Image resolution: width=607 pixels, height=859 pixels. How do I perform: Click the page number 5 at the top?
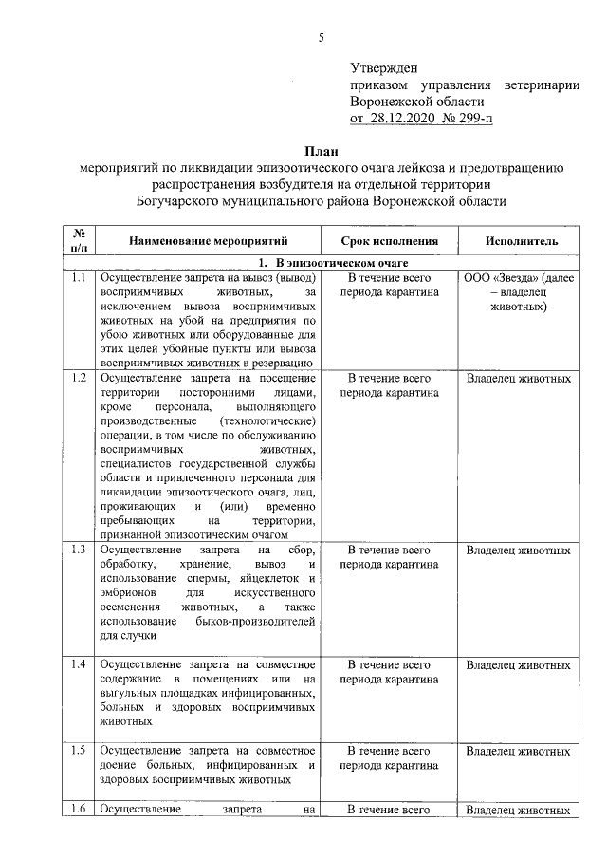tap(322, 37)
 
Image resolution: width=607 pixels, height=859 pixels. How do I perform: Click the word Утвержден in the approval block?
tap(384, 67)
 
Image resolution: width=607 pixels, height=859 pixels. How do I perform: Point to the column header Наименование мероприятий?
tap(210, 242)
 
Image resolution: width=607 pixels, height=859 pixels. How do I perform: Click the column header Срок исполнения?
tap(389, 242)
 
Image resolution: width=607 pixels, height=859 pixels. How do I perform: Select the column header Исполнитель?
tap(519, 242)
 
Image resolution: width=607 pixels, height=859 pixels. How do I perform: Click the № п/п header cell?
tap(80, 241)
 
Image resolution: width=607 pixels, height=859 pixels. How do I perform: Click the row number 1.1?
tap(80, 278)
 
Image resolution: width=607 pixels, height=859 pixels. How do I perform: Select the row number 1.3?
tap(80, 551)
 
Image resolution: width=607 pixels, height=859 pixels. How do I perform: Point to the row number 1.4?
tap(80, 665)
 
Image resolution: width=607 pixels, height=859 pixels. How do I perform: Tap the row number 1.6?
tap(80, 810)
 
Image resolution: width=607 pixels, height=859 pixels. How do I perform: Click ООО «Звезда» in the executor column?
tap(500, 278)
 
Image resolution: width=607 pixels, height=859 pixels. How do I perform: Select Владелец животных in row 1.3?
tap(519, 551)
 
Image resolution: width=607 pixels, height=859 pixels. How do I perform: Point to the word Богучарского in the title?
tap(188, 202)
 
